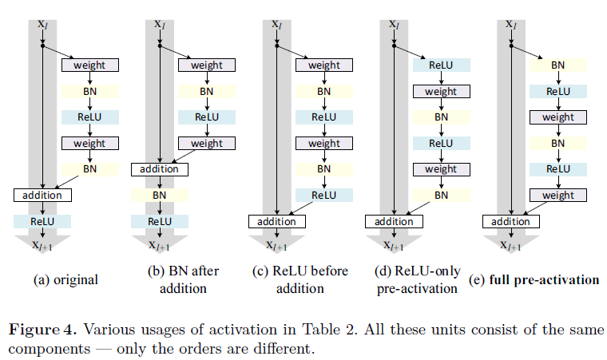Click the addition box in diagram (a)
click(42, 195)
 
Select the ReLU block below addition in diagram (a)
click(42, 221)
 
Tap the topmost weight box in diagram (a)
click(89, 65)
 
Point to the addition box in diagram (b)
click(160, 169)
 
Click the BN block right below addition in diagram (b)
click(160, 195)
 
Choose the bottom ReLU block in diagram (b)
click(160, 221)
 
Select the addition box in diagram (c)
click(277, 221)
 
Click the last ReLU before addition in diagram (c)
click(323, 195)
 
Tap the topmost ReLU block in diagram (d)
click(441, 65)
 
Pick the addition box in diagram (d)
click(394, 221)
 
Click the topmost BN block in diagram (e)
click(558, 65)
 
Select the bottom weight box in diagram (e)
click(558, 195)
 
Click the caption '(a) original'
click(65, 279)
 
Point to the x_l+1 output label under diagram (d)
click(394, 246)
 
